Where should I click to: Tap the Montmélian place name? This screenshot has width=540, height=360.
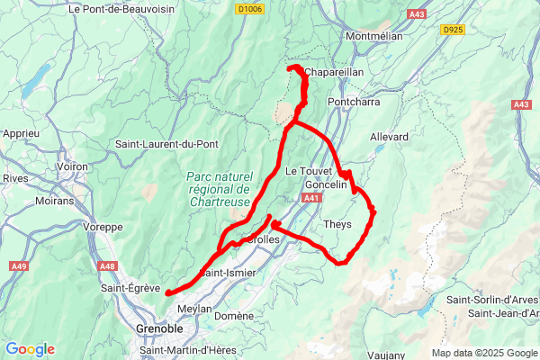[x=379, y=36]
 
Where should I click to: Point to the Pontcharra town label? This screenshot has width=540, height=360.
[x=355, y=103]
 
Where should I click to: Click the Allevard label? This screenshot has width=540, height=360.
[x=389, y=137]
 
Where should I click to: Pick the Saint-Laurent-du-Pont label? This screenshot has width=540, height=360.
[x=164, y=144]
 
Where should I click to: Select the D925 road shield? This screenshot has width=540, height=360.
[x=453, y=30]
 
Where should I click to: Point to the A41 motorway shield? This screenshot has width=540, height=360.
[x=311, y=197]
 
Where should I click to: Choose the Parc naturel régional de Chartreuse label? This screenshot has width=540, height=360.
[x=220, y=189]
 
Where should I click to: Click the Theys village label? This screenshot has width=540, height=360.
[x=337, y=224]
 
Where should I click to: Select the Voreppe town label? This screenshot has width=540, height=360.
[x=102, y=227]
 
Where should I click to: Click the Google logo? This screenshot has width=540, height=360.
[x=30, y=349]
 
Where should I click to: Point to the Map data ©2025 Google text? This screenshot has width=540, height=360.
[x=483, y=353]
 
